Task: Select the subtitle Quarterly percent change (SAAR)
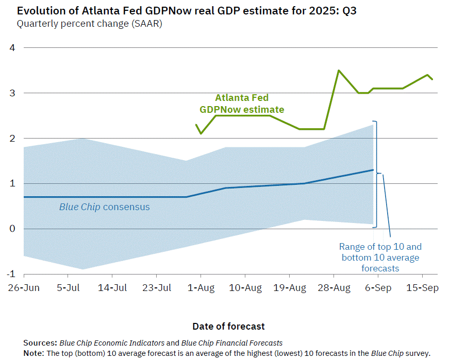89,23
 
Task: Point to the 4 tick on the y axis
13,48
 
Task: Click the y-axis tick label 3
13,93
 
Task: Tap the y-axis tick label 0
13,229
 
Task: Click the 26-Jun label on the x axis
24,288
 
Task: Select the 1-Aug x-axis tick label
201,288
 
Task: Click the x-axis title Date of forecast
228,326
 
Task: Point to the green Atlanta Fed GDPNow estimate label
242,104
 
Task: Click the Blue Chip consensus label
104,207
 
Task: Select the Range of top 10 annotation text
380,258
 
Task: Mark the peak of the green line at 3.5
339,71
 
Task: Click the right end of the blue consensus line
373,170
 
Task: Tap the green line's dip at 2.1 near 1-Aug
201,133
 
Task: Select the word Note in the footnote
33,353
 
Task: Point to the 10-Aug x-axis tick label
245,288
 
